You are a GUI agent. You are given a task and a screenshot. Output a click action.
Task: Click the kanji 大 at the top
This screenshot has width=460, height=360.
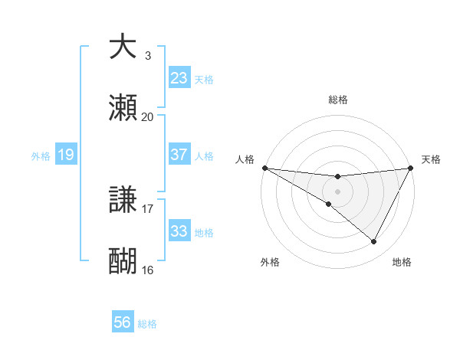[x=123, y=47]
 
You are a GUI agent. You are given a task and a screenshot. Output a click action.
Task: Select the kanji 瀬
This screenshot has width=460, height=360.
[x=123, y=107]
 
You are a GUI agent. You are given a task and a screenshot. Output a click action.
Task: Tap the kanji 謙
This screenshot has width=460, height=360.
[x=123, y=200]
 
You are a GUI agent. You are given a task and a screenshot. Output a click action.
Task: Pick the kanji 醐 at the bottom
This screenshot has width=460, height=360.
[x=123, y=261]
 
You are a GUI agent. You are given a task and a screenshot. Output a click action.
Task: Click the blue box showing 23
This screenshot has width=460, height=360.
[x=179, y=78]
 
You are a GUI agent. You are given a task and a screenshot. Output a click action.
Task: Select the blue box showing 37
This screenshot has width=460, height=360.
[x=179, y=155]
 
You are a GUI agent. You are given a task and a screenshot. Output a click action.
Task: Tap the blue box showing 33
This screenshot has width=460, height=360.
[x=179, y=231]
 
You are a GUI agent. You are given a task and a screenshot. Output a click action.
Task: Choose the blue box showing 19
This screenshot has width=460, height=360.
[x=66, y=155]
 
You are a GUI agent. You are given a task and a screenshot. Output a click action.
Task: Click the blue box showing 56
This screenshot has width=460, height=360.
[x=123, y=322]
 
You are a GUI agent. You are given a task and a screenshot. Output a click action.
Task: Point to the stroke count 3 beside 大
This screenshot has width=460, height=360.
[x=148, y=56]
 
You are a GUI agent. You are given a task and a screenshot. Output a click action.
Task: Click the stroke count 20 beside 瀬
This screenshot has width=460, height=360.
[x=147, y=117]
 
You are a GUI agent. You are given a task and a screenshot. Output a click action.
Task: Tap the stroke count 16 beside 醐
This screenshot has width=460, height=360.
[x=147, y=270]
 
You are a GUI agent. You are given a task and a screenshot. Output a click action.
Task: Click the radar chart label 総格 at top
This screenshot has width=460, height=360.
[x=337, y=100]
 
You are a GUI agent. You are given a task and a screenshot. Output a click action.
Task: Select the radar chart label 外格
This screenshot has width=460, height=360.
[x=270, y=262]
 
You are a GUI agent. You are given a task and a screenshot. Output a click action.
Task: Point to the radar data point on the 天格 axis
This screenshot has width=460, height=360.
[x=411, y=168]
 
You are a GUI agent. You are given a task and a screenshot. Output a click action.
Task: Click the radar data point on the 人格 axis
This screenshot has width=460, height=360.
[x=264, y=168]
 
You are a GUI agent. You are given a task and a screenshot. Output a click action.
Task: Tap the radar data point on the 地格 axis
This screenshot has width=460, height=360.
[x=374, y=242]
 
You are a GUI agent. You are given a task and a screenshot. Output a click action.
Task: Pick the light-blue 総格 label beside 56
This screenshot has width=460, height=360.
[x=147, y=324]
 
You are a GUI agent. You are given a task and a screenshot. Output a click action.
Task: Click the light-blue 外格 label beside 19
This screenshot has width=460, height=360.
[x=41, y=155]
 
